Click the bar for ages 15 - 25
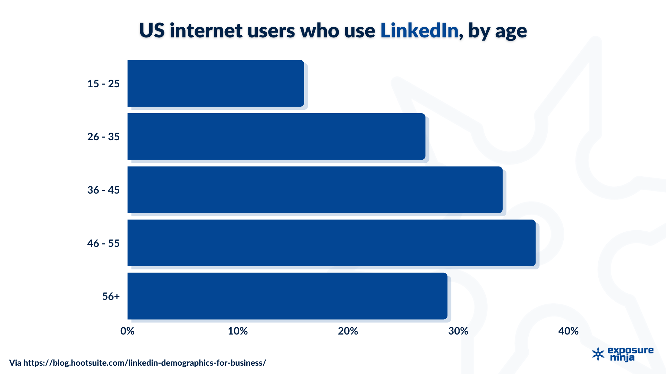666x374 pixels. [x=215, y=83]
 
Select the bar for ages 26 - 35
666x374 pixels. [x=276, y=136]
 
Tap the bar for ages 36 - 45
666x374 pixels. [x=315, y=190]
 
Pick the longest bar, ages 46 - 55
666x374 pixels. [x=331, y=243]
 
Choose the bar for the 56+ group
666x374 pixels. [x=287, y=296]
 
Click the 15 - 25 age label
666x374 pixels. [x=103, y=84]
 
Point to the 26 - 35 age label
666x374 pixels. [x=103, y=137]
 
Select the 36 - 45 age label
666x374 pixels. [x=103, y=190]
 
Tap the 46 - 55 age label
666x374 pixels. [x=103, y=243]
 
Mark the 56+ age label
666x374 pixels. [x=111, y=296]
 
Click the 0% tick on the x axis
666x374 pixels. [x=127, y=331]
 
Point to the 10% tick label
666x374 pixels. [x=238, y=331]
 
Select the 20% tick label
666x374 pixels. [x=348, y=331]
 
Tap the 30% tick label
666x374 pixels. [x=458, y=331]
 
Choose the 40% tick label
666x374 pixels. [x=568, y=331]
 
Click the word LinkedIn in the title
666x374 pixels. [x=419, y=30]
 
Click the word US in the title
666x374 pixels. [x=152, y=30]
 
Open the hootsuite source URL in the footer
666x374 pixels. [x=145, y=363]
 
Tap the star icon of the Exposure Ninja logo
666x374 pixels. [x=598, y=354]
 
